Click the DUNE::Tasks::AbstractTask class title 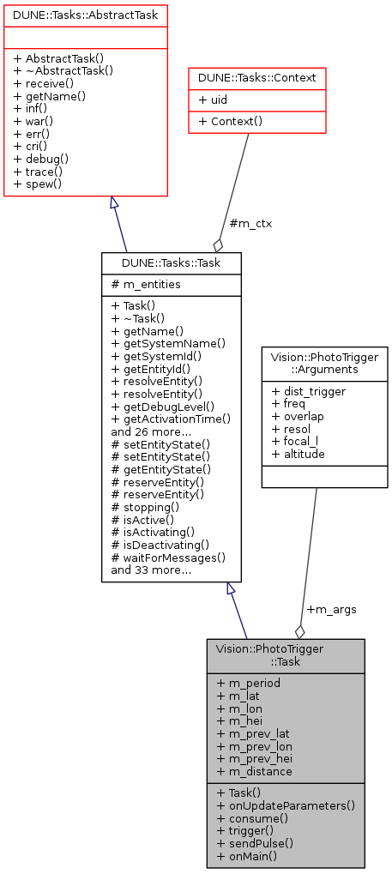tap(85, 15)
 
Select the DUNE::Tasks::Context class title tap(257, 77)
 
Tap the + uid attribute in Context tap(210, 99)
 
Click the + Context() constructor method tap(230, 122)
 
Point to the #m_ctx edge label tap(250, 224)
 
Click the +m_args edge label tap(331, 609)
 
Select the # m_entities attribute tap(146, 284)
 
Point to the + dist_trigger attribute tap(308, 391)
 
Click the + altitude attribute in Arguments tap(298, 454)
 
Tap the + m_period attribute tap(248, 683)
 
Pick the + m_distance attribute tap(254, 771)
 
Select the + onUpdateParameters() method tap(286, 805)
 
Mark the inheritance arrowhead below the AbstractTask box tap(114, 202)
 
